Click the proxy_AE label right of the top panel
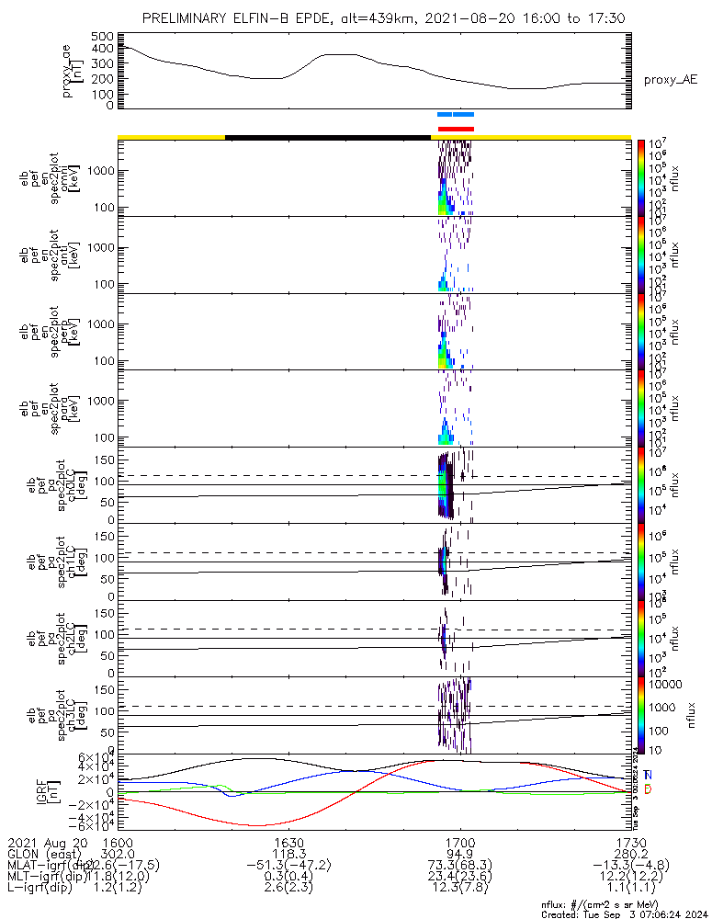click(671, 80)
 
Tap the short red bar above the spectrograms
click(456, 129)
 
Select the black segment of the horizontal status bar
click(327, 137)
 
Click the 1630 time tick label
click(288, 843)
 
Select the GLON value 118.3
click(288, 854)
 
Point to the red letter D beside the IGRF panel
click(648, 790)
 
